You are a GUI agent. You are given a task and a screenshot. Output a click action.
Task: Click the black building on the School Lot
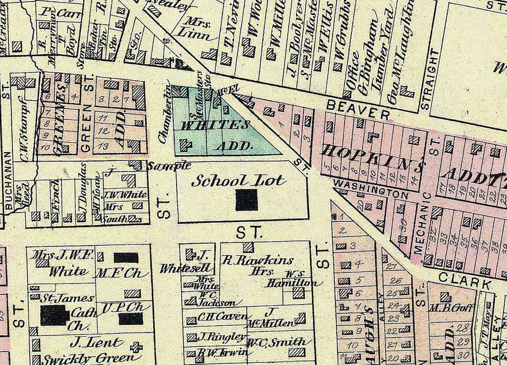(246, 200)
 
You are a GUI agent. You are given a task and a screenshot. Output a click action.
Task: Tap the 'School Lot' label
(238, 181)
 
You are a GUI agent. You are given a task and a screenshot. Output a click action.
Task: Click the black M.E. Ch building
(126, 258)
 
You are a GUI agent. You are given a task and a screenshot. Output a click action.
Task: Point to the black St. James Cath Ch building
(54, 315)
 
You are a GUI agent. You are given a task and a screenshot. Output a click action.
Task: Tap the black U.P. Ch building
(131, 319)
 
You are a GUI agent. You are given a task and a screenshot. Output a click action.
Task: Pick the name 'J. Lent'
(96, 343)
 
